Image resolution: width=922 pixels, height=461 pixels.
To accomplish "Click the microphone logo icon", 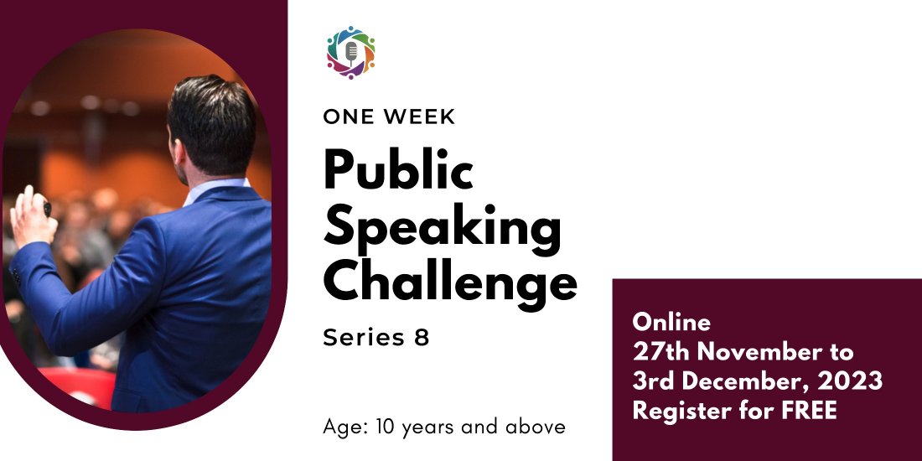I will pos(350,52).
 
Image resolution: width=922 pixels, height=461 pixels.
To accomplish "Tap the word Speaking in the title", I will pos(442,227).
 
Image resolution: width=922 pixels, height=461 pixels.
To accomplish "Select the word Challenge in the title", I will pos(450,282).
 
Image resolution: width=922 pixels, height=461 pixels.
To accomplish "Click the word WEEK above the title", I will pos(418,117).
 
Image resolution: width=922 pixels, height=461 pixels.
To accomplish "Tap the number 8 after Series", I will pos(421,338).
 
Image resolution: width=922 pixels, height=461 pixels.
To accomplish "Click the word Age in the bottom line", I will pos(341,427).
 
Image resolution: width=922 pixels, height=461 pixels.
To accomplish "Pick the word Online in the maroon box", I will pos(671,323).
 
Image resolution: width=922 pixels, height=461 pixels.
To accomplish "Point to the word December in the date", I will pos(738,381).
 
